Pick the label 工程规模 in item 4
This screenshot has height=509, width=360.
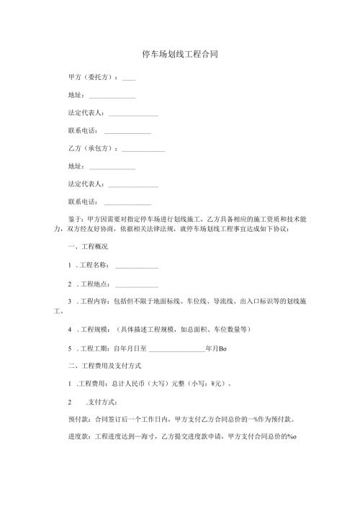tap(89, 330)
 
